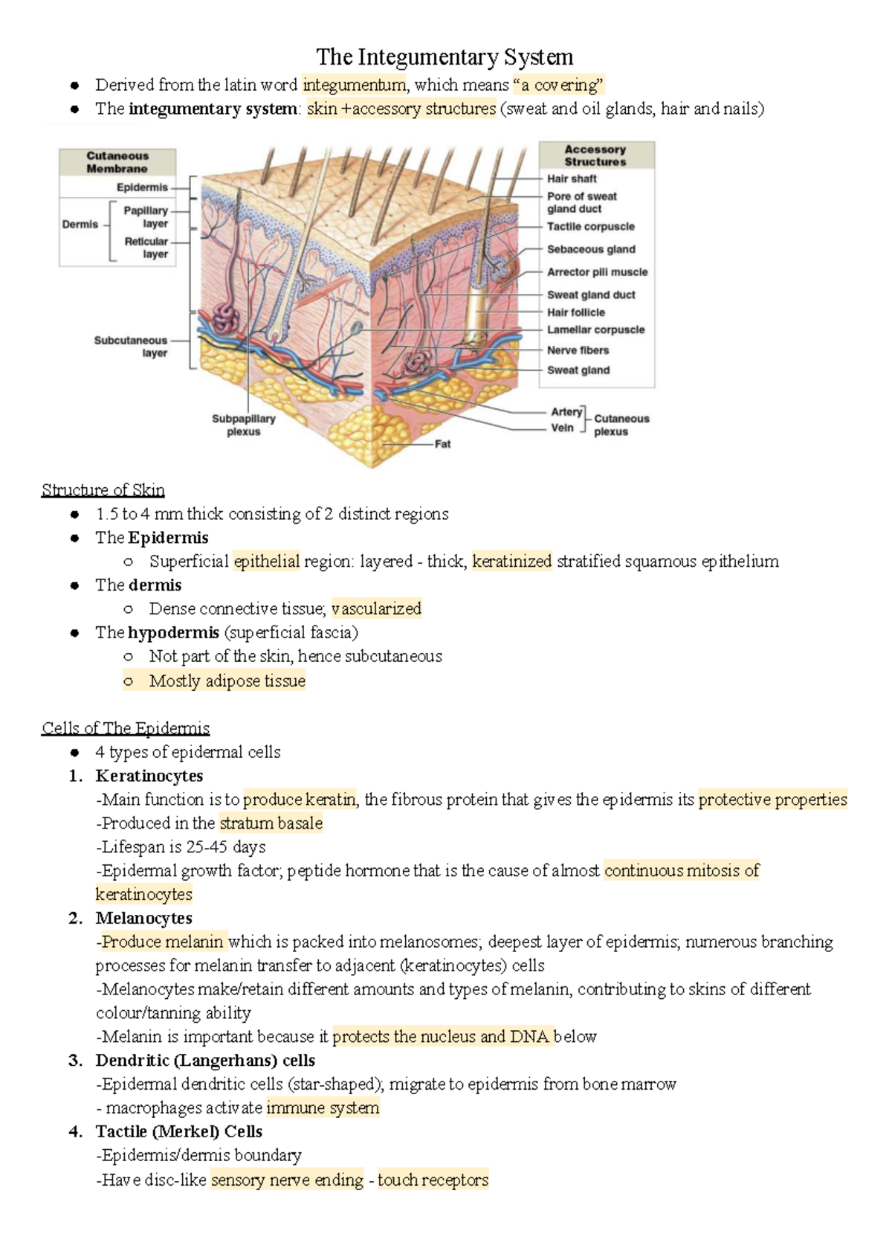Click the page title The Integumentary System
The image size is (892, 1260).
coord(445,57)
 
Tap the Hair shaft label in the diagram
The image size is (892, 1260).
coord(572,179)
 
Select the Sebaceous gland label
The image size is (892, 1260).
coord(591,249)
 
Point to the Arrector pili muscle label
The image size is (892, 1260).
coord(597,272)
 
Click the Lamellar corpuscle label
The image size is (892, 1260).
coord(595,330)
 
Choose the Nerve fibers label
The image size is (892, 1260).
coord(578,350)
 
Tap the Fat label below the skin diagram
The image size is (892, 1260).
coord(442,444)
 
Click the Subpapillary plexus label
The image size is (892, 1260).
coord(244,425)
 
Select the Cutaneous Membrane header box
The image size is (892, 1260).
coord(117,162)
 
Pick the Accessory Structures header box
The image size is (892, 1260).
coord(595,155)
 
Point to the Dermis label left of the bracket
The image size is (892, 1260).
coord(80,224)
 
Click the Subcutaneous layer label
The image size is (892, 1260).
coord(131,347)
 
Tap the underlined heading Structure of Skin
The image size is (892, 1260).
coord(103,490)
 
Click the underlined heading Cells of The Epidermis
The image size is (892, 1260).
coord(126,728)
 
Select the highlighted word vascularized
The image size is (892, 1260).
coord(376,609)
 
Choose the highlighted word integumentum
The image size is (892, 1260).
coord(355,85)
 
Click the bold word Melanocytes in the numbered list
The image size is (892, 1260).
coord(143,919)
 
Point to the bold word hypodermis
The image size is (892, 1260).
coord(173,633)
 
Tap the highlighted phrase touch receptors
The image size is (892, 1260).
coord(433,1180)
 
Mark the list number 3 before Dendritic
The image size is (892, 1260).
coord(74,1061)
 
